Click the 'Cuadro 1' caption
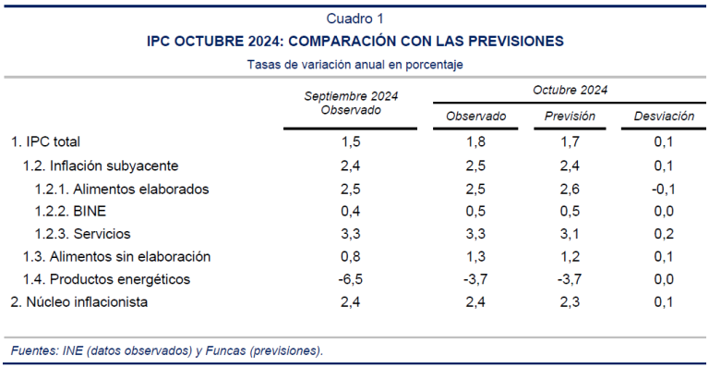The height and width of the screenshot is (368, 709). pyautogui.click(x=354, y=18)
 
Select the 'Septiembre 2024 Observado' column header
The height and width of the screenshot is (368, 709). pyautogui.click(x=351, y=103)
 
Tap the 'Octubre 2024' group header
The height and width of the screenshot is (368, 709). pyautogui.click(x=570, y=90)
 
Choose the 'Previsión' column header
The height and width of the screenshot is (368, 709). pyautogui.click(x=570, y=117)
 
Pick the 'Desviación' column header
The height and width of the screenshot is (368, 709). pyautogui.click(x=664, y=117)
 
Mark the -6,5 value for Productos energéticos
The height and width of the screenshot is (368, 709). pyautogui.click(x=351, y=279)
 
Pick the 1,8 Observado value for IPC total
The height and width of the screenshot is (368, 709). pyautogui.click(x=476, y=141)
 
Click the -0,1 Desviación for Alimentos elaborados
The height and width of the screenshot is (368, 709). pyautogui.click(x=663, y=189)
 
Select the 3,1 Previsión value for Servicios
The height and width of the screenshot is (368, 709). pyautogui.click(x=570, y=234)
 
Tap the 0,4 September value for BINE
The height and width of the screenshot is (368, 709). pyautogui.click(x=351, y=211)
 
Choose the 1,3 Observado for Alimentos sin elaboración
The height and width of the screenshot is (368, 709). pyautogui.click(x=476, y=256)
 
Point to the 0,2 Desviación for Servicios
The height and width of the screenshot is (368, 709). pyautogui.click(x=664, y=234)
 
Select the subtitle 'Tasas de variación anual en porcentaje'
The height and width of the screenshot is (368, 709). pyautogui.click(x=354, y=65)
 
